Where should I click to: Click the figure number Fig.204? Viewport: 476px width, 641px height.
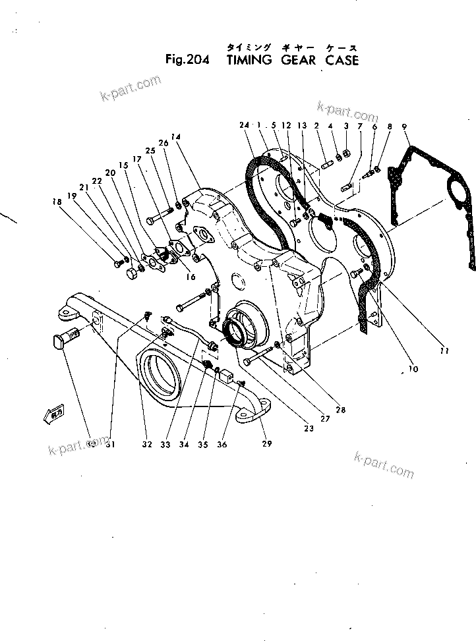point(187,61)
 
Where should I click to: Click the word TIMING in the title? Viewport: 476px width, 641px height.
point(249,61)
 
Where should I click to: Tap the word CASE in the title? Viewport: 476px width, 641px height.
point(342,61)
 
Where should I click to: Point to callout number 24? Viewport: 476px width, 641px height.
point(245,125)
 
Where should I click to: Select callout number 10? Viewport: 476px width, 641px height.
point(413,370)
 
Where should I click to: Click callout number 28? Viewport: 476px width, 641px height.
point(341,410)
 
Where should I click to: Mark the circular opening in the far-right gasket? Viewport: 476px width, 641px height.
point(457,197)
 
